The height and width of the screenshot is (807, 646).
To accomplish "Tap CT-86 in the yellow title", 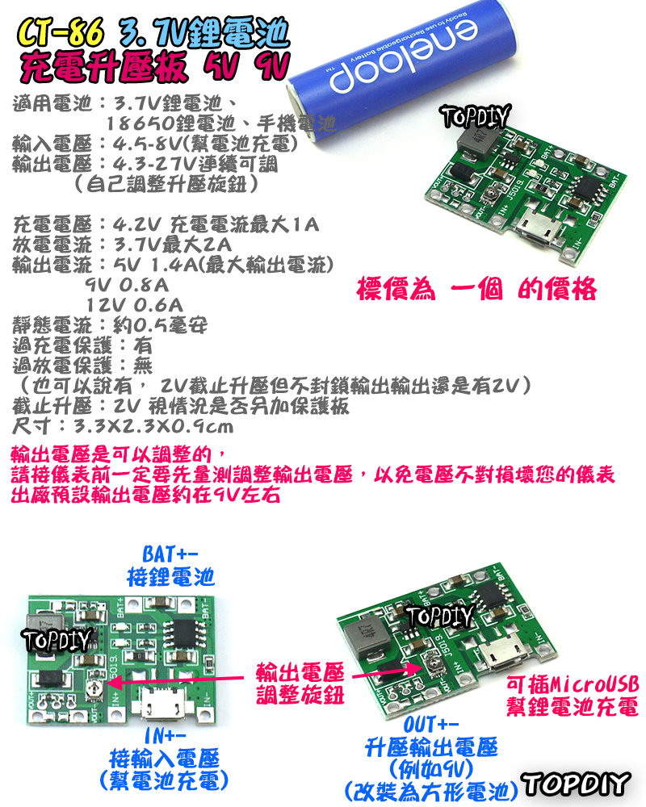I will point(61,35).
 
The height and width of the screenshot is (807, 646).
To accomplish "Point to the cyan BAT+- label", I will point(170,554).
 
